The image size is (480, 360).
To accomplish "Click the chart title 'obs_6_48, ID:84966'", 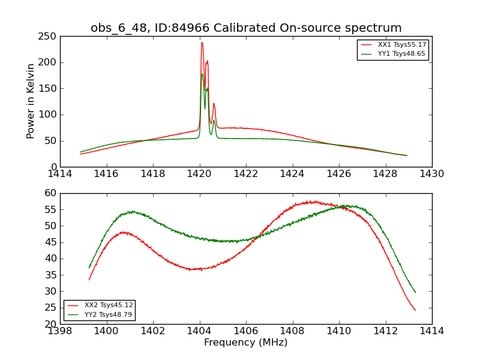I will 246,28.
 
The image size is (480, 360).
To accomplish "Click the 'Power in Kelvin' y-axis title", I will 31,101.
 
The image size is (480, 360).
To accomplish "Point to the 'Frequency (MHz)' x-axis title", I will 246,343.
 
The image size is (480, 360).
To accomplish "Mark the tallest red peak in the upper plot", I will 202,42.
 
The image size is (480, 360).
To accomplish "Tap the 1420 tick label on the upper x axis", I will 199,174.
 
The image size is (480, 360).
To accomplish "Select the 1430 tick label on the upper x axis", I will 432,174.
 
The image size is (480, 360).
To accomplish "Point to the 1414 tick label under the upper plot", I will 60,174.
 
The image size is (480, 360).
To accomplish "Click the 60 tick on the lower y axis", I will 51,193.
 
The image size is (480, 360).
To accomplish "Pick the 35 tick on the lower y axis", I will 51,275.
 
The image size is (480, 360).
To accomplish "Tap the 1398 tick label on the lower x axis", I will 60,331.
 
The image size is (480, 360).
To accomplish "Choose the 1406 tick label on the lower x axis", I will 246,331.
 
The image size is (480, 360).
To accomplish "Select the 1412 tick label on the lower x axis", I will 385,331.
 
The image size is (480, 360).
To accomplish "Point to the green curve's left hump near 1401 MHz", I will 132,212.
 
